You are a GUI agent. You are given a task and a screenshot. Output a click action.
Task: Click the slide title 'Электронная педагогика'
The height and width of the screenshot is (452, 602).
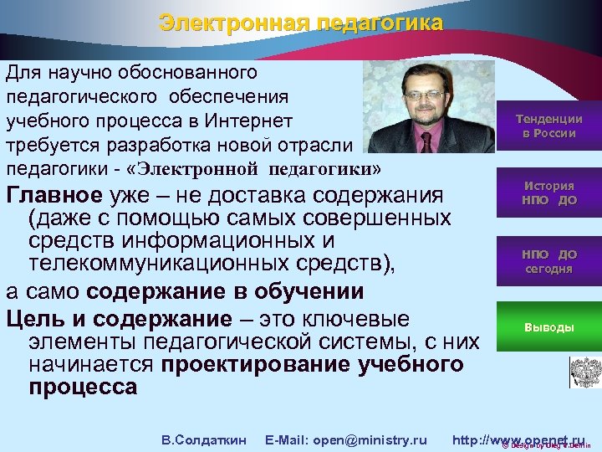(x=301, y=23)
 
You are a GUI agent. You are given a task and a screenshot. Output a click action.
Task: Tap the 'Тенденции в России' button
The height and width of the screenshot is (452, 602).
(x=548, y=126)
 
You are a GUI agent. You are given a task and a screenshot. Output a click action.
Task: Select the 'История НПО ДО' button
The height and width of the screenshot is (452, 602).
(x=548, y=193)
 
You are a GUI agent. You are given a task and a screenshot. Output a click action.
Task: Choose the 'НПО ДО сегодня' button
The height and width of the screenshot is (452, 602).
(x=548, y=261)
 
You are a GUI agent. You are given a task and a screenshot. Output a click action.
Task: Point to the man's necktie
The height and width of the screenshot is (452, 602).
(x=431, y=138)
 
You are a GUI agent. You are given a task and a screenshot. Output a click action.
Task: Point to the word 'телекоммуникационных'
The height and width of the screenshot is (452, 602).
(x=159, y=266)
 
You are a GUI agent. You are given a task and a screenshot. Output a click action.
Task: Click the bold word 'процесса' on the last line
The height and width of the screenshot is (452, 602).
(x=82, y=388)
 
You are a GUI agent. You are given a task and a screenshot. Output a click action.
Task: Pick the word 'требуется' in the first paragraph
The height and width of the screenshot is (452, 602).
(x=43, y=143)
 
